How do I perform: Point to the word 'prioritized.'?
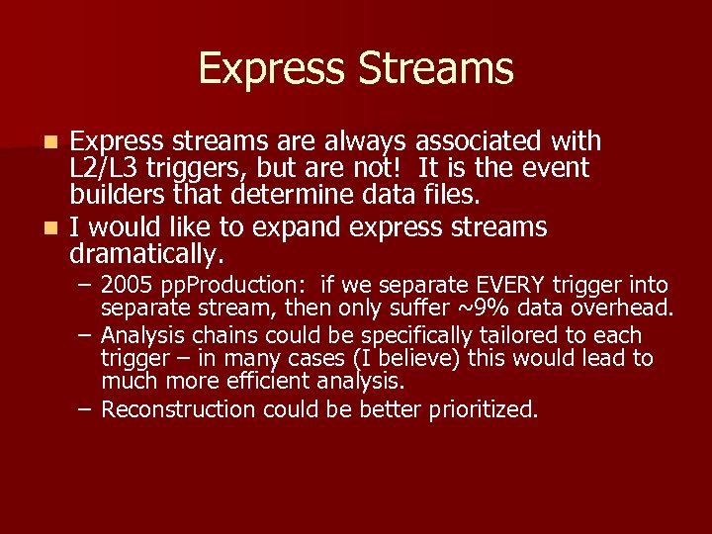(x=484, y=407)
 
